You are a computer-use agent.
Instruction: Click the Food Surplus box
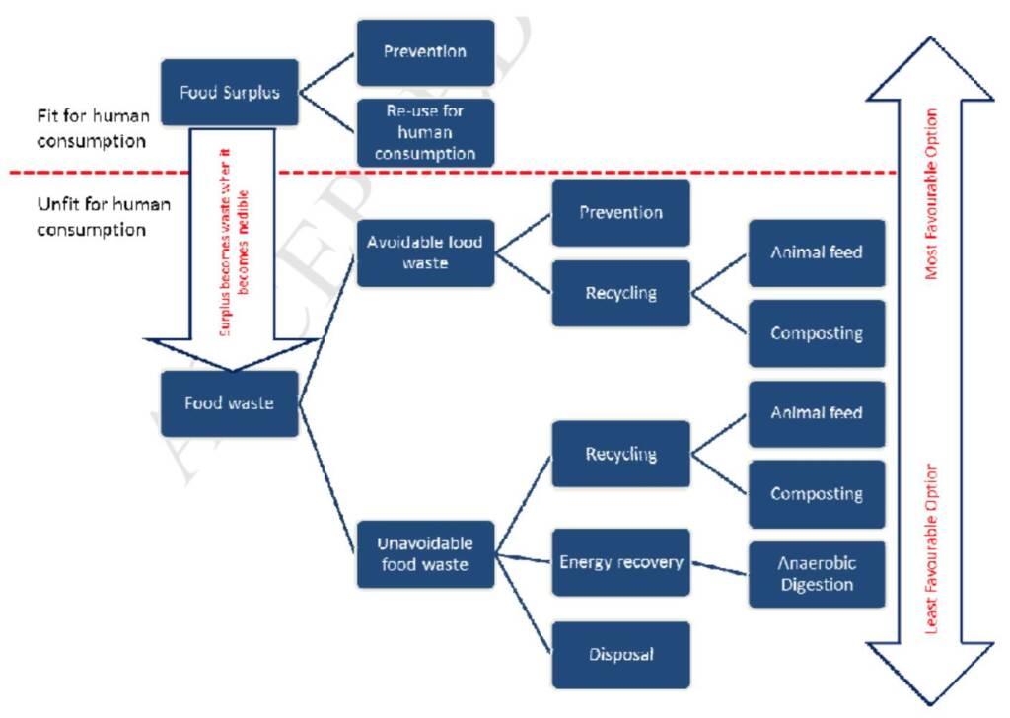229,93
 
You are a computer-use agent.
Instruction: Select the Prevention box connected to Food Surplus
424,52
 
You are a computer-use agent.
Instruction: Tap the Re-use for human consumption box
424,132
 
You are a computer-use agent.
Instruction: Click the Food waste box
229,403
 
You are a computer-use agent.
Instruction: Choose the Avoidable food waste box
424,252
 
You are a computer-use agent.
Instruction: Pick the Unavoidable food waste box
424,553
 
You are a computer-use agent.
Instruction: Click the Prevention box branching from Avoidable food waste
620,212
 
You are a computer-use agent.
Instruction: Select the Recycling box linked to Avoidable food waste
620,293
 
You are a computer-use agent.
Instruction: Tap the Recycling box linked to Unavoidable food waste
620,454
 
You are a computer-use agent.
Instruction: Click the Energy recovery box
620,562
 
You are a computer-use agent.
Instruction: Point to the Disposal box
620,654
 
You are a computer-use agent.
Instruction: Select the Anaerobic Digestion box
817,574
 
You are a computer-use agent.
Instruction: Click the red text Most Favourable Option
932,193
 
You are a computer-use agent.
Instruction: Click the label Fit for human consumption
93,128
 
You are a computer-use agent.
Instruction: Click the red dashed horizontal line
592,173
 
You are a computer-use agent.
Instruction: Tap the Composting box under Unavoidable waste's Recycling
817,494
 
